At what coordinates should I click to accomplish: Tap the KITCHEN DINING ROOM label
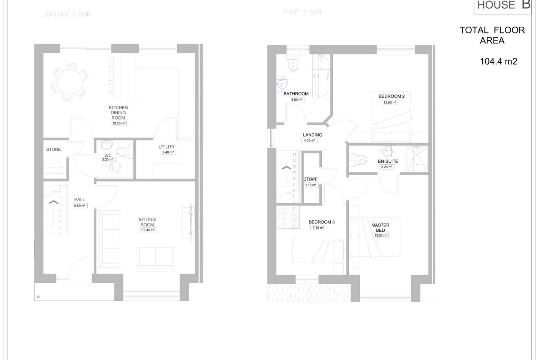pyautogui.click(x=118, y=112)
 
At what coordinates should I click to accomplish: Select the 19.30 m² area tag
pyautogui.click(x=118, y=123)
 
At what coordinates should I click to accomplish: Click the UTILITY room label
pyautogui.click(x=166, y=147)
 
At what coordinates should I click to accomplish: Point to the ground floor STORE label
pyautogui.click(x=53, y=149)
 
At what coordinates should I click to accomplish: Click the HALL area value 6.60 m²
pyautogui.click(x=79, y=205)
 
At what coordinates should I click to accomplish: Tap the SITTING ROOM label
pyautogui.click(x=147, y=222)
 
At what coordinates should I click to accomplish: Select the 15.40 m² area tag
pyautogui.click(x=148, y=230)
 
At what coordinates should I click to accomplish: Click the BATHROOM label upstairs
pyautogui.click(x=296, y=94)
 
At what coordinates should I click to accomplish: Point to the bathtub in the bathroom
pyautogui.click(x=321, y=77)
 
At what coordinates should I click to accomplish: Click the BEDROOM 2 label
pyautogui.click(x=391, y=96)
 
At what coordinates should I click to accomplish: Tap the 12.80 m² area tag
pyautogui.click(x=390, y=102)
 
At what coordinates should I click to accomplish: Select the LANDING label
pyautogui.click(x=312, y=135)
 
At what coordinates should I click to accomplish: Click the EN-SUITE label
pyautogui.click(x=388, y=161)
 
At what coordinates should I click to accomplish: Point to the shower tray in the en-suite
pyautogui.click(x=417, y=159)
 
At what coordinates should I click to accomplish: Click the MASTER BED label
pyautogui.click(x=380, y=228)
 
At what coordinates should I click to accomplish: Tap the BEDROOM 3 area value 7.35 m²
pyautogui.click(x=318, y=228)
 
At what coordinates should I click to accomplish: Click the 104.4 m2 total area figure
pyautogui.click(x=498, y=61)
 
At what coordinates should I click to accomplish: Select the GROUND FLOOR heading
pyautogui.click(x=67, y=14)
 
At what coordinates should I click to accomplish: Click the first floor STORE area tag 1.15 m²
pyautogui.click(x=310, y=185)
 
